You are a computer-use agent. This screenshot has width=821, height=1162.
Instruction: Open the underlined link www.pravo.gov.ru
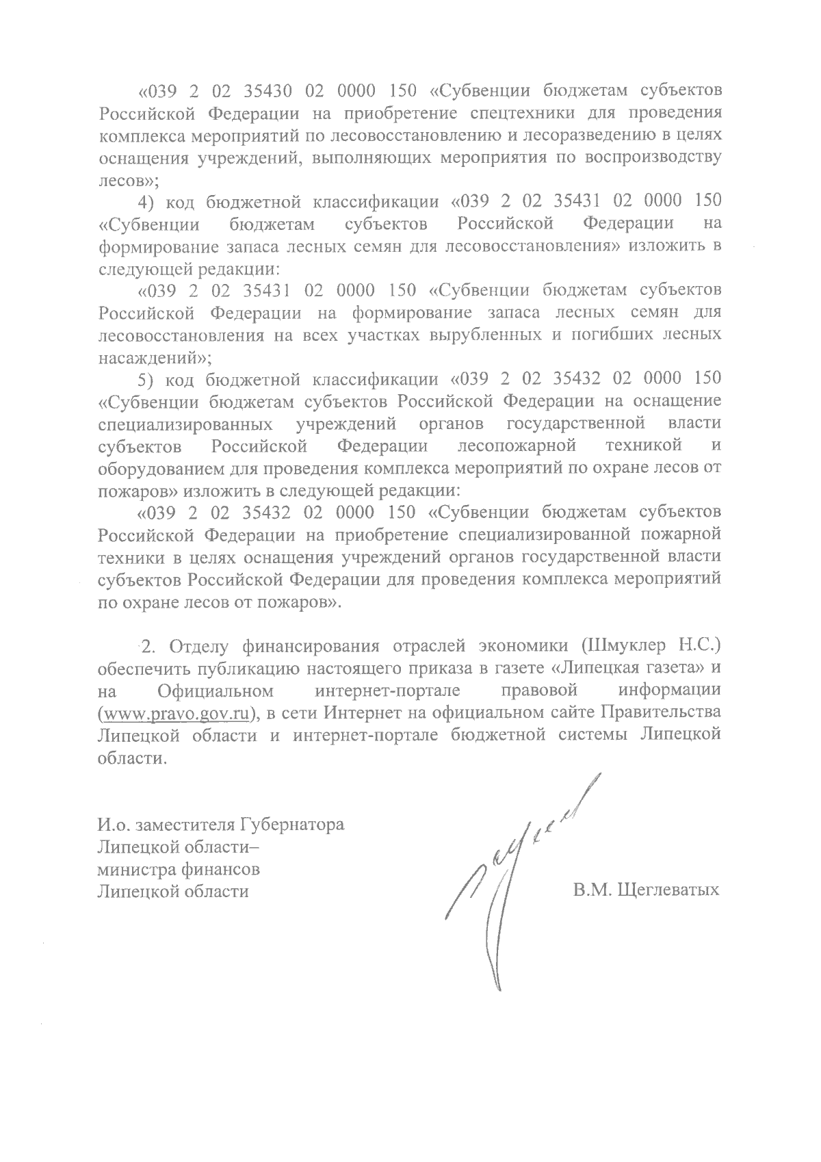(x=174, y=713)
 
